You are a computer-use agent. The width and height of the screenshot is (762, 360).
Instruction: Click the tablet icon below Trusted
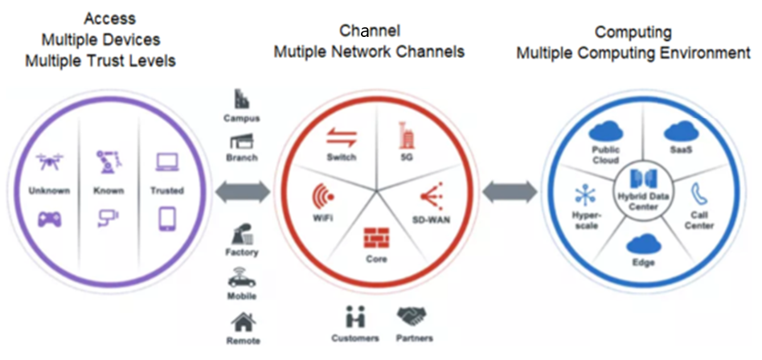[x=167, y=219]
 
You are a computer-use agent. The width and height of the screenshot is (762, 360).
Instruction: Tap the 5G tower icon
[x=404, y=133]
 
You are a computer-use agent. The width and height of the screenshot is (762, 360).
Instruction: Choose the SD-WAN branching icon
[x=425, y=194]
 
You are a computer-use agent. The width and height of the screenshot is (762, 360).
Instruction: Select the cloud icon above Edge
[x=643, y=244]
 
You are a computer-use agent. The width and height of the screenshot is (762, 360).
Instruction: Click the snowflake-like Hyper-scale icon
[x=584, y=195]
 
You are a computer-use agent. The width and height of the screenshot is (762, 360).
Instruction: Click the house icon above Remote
[x=242, y=323]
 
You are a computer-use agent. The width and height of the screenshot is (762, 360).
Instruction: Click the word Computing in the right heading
[x=632, y=32]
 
